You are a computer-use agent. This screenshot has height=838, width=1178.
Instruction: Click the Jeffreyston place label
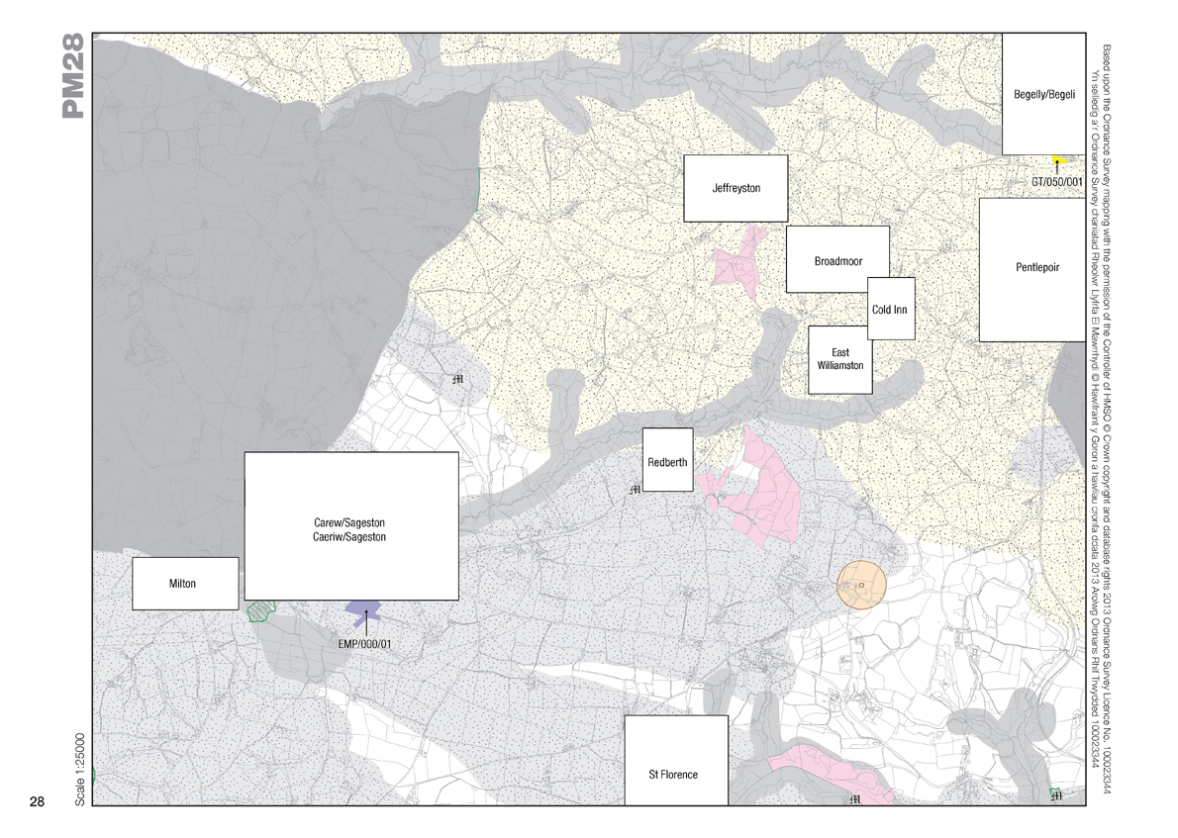click(x=736, y=188)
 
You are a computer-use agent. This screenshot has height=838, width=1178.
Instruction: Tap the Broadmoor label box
click(x=837, y=261)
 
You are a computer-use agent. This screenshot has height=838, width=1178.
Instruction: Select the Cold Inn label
click(x=890, y=310)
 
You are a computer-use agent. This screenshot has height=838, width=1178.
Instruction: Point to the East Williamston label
click(x=840, y=359)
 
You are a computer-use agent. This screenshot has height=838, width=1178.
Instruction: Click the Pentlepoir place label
click(x=1036, y=267)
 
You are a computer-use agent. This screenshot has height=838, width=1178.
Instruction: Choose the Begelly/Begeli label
click(x=1042, y=94)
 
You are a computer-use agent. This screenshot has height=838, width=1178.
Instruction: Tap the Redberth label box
click(x=667, y=462)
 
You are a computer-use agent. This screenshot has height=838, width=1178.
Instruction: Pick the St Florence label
click(x=673, y=774)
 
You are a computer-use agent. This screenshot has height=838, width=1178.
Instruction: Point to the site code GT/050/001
click(x=1058, y=182)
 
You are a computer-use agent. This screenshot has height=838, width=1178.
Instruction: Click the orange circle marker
click(x=860, y=586)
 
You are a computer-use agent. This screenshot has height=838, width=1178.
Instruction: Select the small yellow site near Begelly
click(x=1056, y=160)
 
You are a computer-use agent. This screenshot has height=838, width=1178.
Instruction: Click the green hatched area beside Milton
click(x=259, y=610)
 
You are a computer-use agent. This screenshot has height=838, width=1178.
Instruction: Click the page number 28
click(x=38, y=800)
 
